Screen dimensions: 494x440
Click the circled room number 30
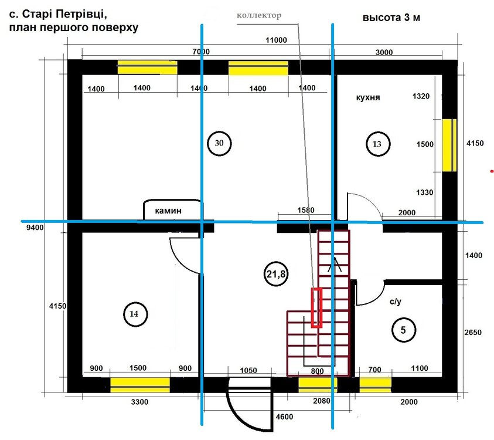(x=219, y=143)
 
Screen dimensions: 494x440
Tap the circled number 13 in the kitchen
(x=378, y=144)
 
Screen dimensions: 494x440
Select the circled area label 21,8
(x=276, y=274)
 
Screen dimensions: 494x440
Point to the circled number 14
(x=135, y=314)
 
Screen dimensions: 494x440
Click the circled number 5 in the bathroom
(x=404, y=330)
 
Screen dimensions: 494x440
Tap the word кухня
(x=368, y=97)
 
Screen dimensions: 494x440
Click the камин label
(x=168, y=211)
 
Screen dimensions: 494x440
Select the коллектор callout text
(x=259, y=15)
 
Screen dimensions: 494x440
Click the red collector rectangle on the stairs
(x=316, y=308)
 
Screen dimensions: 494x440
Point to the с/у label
(x=396, y=302)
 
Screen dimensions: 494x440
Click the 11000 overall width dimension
(x=276, y=40)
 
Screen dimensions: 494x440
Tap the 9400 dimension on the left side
(x=35, y=228)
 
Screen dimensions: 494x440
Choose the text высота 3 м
(x=391, y=18)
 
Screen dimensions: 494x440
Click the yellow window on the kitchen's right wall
(x=449, y=145)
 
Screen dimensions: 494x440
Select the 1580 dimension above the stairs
(x=305, y=210)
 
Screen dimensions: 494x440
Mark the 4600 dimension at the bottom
(x=284, y=417)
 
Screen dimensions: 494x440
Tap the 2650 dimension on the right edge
(x=473, y=332)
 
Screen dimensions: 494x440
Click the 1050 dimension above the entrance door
(x=248, y=370)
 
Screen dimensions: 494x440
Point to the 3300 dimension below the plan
(x=139, y=402)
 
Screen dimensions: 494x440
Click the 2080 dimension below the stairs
(x=322, y=401)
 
